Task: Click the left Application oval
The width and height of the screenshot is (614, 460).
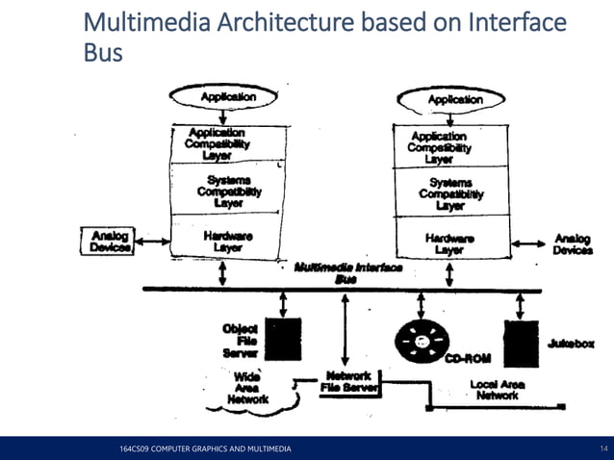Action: [228, 97]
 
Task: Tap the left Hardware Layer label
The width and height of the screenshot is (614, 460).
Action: [228, 241]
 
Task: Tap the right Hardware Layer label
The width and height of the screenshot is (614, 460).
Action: [449, 243]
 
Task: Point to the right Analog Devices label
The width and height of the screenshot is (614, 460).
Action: [573, 243]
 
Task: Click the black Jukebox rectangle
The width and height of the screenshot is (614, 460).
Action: [520, 340]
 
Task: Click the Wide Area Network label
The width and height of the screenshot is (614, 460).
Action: [247, 389]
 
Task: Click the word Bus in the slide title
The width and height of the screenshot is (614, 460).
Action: [104, 53]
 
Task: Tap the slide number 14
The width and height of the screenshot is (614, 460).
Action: [603, 449]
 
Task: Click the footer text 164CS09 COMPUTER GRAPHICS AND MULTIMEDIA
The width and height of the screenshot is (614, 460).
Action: [203, 449]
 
